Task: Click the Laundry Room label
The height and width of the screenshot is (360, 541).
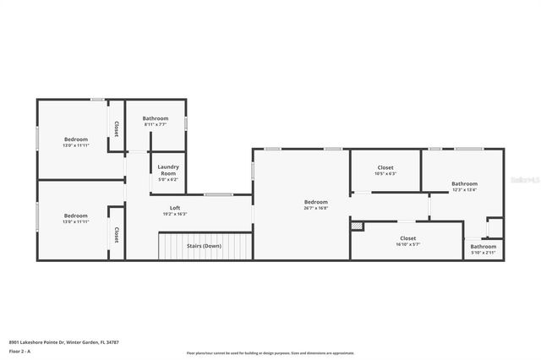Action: (168, 170)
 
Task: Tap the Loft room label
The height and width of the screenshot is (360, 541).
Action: (175, 208)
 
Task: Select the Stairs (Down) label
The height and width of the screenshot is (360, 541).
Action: (204, 246)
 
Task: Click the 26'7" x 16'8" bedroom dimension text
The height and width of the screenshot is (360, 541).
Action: (316, 208)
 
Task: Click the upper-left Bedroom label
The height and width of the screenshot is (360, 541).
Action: (76, 139)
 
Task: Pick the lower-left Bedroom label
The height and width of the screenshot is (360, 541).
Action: (76, 215)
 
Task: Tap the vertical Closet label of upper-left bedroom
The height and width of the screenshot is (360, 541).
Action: (117, 129)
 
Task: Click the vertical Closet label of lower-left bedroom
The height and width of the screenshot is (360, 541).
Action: (117, 235)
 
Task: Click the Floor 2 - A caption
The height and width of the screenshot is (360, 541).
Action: (20, 351)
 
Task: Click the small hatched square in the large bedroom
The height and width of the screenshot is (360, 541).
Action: (358, 226)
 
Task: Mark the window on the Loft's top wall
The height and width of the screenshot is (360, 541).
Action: (217, 195)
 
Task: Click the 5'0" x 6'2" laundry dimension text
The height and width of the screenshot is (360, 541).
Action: (168, 179)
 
